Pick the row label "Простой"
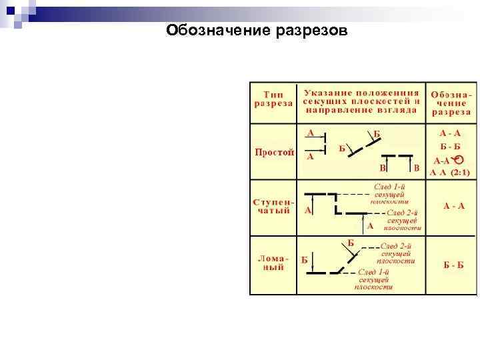click(274, 152)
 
